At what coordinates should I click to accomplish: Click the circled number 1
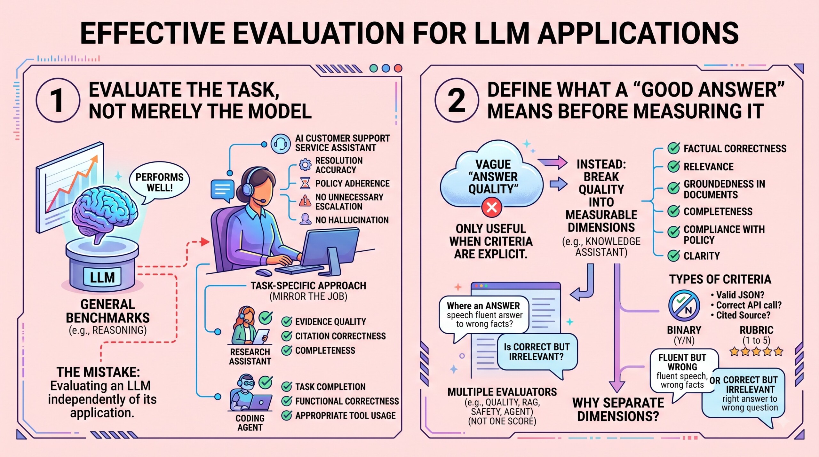[x=58, y=100]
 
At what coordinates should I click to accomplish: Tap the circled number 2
[x=457, y=100]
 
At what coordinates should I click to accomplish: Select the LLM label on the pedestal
[x=102, y=277]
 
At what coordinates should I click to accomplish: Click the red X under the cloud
[x=492, y=207]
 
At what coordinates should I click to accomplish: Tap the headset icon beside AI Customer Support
[x=281, y=144]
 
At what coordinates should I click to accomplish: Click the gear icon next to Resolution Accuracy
[x=305, y=165]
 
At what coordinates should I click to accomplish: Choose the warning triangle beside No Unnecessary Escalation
[x=305, y=201]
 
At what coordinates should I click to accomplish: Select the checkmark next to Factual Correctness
[x=674, y=148]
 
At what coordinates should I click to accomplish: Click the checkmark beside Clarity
[x=674, y=256]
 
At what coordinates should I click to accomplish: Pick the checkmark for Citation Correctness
[x=287, y=336]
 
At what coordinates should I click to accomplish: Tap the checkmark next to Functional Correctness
[x=287, y=401]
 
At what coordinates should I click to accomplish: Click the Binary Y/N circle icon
[x=684, y=305]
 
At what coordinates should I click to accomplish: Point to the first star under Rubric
[x=734, y=352]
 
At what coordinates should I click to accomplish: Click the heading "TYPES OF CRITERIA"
[x=720, y=279]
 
